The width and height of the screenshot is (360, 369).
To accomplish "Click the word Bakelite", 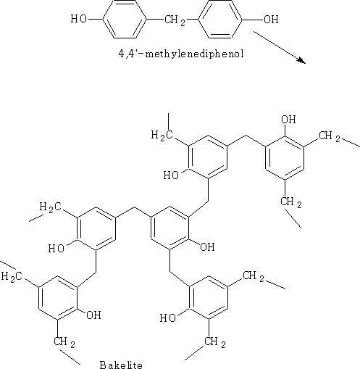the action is click(x=121, y=365).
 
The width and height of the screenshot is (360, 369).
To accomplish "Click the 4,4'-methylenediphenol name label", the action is click(x=181, y=54).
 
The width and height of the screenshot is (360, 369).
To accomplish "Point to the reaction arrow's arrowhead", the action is click(x=301, y=60).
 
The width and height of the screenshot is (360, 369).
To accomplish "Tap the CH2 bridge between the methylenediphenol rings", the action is click(x=175, y=20).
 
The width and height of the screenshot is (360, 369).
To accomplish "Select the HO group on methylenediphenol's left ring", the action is click(x=79, y=19).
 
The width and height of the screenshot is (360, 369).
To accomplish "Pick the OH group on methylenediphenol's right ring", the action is click(x=271, y=19).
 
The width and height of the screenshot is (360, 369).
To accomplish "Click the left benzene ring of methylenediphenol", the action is click(x=125, y=19).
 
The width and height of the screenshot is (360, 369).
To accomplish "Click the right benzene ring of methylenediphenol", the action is click(x=220, y=19).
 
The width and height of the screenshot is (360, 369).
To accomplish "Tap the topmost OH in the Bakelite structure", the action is click(x=288, y=120).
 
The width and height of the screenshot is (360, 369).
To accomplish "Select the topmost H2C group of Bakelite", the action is click(x=162, y=135).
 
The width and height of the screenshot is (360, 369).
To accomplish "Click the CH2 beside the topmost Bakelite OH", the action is click(x=330, y=136).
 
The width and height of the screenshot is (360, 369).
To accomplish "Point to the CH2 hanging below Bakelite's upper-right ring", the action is click(x=291, y=202).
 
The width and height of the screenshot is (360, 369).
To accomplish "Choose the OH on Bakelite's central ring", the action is click(x=207, y=247).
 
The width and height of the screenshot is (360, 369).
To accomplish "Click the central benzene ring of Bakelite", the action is click(x=169, y=228).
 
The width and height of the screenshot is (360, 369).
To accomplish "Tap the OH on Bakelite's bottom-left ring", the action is click(x=93, y=315).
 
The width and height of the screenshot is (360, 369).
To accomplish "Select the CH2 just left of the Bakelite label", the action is click(x=64, y=342).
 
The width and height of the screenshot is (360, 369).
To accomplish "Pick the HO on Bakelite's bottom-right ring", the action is click(x=168, y=318).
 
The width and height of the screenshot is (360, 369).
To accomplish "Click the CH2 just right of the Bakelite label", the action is click(x=215, y=342).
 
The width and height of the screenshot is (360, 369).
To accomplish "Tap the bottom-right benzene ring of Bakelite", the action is click(x=209, y=297).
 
